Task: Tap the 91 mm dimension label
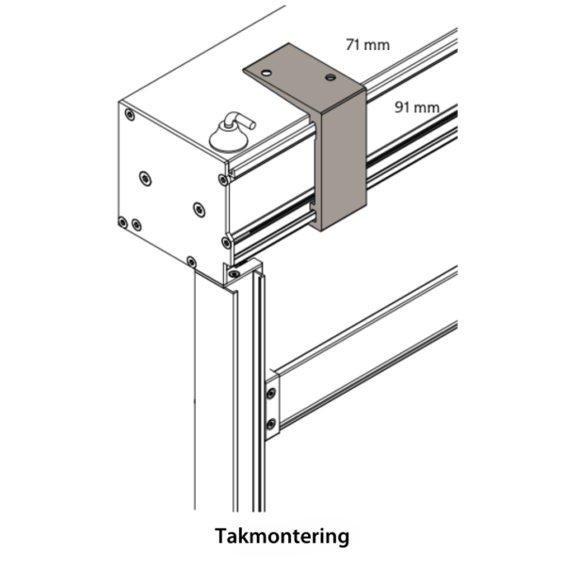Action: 416,107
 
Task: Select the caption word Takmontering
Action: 282,537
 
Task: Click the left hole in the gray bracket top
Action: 266,72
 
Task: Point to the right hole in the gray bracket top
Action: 330,76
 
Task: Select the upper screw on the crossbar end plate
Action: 271,389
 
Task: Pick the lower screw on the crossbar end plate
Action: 271,423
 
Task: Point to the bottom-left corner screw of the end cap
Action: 122,222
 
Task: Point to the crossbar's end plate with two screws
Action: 271,406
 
